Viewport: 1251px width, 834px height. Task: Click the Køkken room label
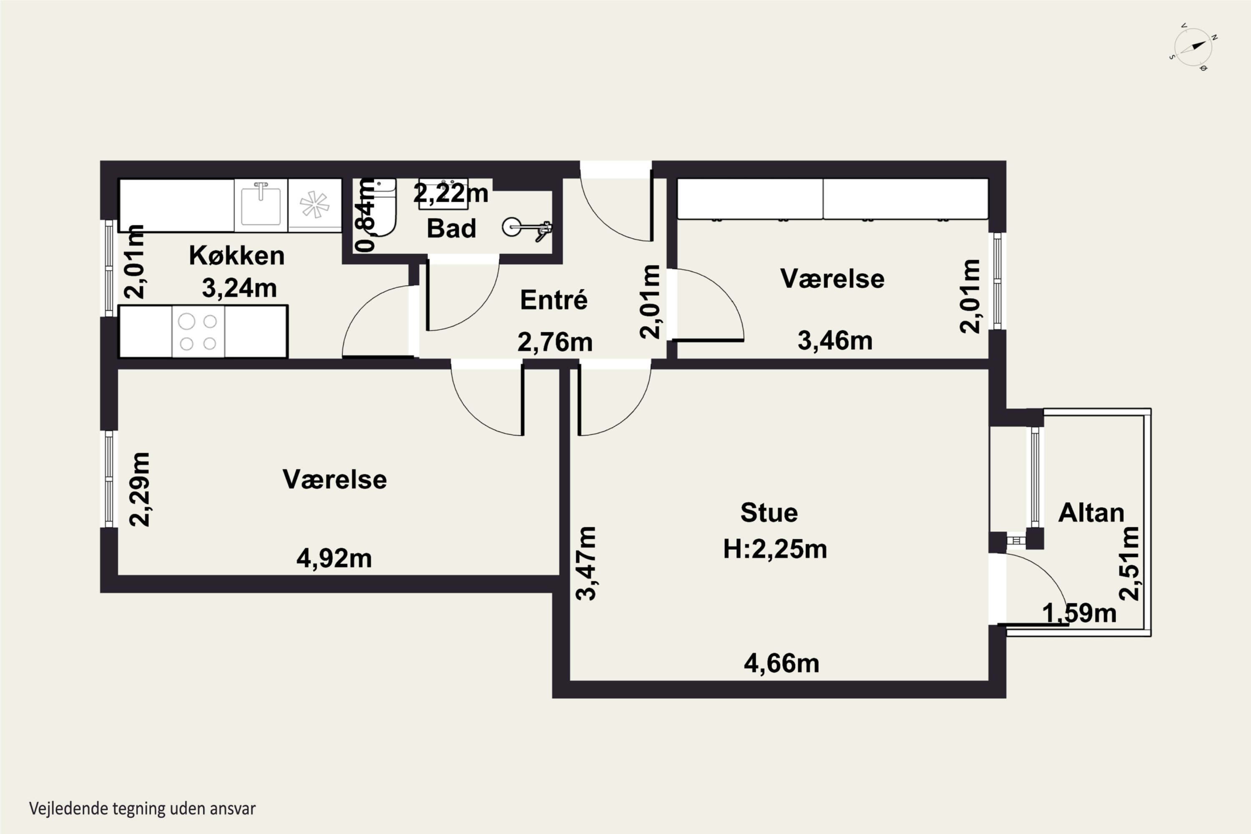(x=237, y=256)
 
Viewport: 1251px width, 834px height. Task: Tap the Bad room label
(x=451, y=229)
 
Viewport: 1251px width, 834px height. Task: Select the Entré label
(x=554, y=300)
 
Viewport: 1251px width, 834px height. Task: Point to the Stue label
(x=769, y=513)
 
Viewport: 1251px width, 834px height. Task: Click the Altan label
(x=1091, y=513)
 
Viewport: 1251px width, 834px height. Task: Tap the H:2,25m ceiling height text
(x=775, y=549)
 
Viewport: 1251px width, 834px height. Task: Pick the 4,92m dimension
(x=334, y=558)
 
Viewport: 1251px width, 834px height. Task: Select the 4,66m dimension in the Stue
(x=781, y=664)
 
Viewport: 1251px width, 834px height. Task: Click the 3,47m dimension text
(x=587, y=563)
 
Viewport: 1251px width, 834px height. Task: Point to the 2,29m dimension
(x=140, y=489)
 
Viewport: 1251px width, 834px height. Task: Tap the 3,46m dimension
(x=835, y=341)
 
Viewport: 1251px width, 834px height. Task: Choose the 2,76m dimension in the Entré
(x=555, y=342)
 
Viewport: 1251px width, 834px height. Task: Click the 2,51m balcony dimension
(x=1129, y=563)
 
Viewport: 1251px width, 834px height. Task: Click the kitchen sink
(x=261, y=205)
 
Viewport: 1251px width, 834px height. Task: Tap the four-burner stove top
(x=198, y=332)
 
